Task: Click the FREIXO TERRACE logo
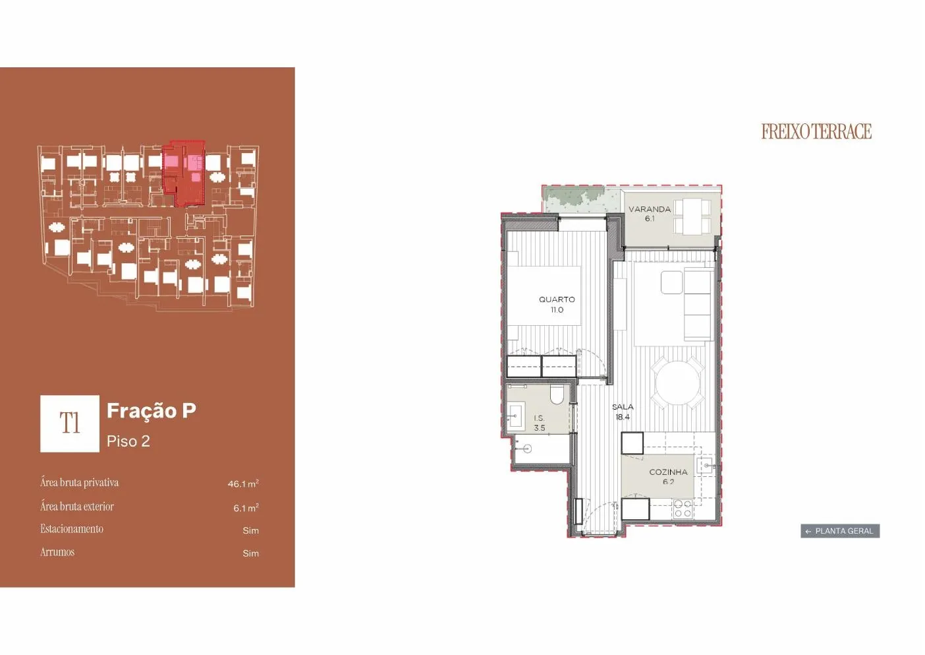(x=816, y=131)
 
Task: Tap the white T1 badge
(x=70, y=423)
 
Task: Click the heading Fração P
(x=151, y=411)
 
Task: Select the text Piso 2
(x=128, y=441)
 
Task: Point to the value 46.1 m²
(x=243, y=483)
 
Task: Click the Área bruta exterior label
(x=77, y=507)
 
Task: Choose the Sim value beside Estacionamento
(x=250, y=530)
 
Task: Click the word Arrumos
(x=57, y=552)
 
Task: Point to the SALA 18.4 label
(x=623, y=412)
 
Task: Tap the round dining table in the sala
(x=678, y=383)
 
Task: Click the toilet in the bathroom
(x=557, y=394)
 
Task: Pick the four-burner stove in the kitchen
(x=683, y=509)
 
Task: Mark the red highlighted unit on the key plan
(x=184, y=173)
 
